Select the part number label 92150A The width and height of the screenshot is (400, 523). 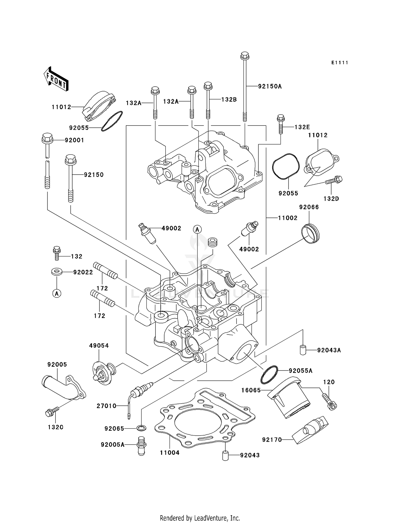pyautogui.click(x=270, y=86)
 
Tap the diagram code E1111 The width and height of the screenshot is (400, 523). pyautogui.click(x=339, y=63)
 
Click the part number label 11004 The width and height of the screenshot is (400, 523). pyautogui.click(x=170, y=453)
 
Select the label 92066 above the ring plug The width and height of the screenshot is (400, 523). pyautogui.click(x=309, y=207)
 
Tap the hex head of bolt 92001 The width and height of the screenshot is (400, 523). pyautogui.click(x=47, y=138)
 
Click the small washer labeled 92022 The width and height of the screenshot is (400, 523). pyautogui.click(x=57, y=272)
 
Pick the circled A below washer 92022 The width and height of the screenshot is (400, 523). pyautogui.click(x=57, y=293)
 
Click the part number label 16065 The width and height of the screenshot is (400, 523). pyautogui.click(x=251, y=390)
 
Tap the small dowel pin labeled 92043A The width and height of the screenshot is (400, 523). pyautogui.click(x=302, y=350)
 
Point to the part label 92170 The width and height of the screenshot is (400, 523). pyautogui.click(x=272, y=440)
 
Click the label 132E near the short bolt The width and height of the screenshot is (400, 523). pyautogui.click(x=302, y=127)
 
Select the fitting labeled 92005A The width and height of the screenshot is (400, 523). pyautogui.click(x=142, y=445)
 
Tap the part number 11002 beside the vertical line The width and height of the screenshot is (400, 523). pyautogui.click(x=287, y=218)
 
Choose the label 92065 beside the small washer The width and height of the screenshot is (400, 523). pyautogui.click(x=114, y=429)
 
